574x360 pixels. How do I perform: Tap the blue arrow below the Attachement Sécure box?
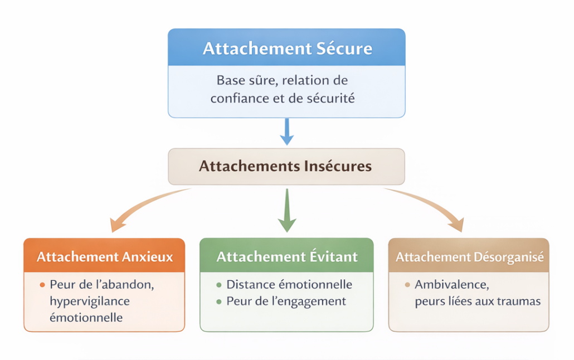pos(286,131)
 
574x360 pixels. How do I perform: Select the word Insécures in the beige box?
pos(338,166)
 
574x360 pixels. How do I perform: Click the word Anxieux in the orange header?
pos(148,257)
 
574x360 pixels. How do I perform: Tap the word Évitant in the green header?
pos(333,257)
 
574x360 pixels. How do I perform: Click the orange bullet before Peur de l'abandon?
pos(42,285)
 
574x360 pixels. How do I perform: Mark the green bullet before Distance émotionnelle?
pos(218,285)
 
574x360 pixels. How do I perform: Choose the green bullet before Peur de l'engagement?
pos(218,301)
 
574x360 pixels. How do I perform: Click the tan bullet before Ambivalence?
pos(407,285)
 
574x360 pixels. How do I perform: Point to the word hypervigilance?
pos(89,301)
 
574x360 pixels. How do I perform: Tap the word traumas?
pos(519,301)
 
